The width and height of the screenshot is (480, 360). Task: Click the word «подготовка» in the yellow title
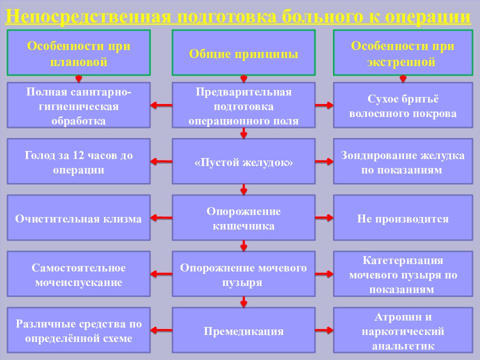coord(227,17)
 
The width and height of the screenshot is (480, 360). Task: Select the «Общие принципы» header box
coord(243,52)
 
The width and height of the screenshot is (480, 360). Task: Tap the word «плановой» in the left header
coord(78,62)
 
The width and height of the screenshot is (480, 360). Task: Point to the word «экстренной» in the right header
coord(401,62)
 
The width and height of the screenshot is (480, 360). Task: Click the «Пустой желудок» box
coord(243,161)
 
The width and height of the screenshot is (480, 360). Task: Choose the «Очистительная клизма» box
coord(78,217)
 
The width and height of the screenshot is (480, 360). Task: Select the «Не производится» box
coord(403,217)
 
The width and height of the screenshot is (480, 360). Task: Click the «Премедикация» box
coord(243,330)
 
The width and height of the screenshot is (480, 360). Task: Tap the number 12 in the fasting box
coord(78,155)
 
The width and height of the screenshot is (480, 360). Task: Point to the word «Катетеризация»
coord(403,260)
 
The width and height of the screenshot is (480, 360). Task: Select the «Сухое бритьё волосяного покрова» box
coord(403,105)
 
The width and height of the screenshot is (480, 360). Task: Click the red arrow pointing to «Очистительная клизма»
coord(161,217)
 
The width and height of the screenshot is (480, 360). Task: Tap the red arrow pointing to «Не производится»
coord(324,217)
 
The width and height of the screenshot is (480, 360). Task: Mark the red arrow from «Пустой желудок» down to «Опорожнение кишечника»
coord(243,189)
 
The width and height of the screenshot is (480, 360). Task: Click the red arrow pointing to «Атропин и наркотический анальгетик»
coord(324,330)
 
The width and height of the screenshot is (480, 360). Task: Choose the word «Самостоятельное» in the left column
coord(78,268)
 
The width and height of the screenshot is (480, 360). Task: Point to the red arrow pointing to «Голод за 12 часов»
coord(161,161)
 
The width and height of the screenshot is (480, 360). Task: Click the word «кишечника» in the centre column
coord(243,226)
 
